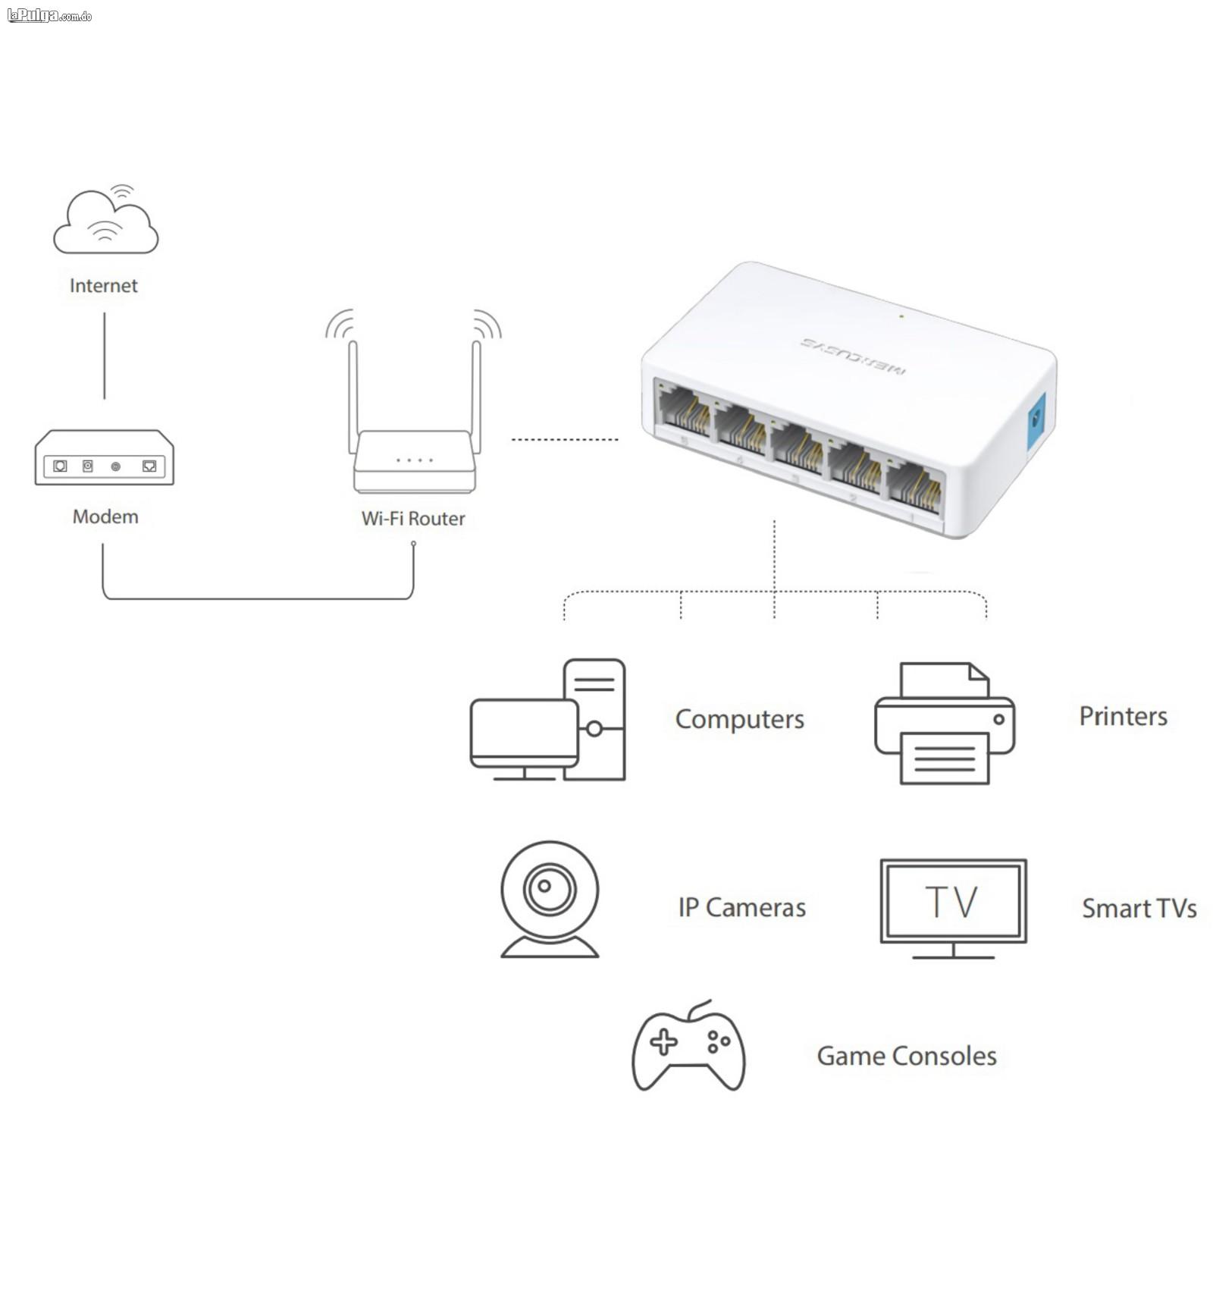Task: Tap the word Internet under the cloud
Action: (x=104, y=286)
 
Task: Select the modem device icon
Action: (x=105, y=458)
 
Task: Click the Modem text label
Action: (x=105, y=517)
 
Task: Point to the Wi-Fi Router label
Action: (x=413, y=519)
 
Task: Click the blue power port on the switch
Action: (x=1035, y=422)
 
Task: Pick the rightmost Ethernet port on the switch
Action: (x=915, y=485)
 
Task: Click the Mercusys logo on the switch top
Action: (x=853, y=356)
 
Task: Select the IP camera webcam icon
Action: (x=550, y=899)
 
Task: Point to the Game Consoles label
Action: (x=906, y=1056)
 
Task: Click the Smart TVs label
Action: (x=1139, y=908)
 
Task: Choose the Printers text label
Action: (x=1123, y=716)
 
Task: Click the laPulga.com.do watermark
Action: (x=49, y=16)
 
